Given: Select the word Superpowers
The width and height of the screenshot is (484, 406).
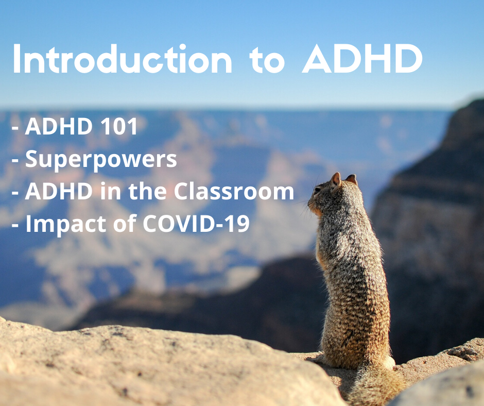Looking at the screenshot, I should [101, 160].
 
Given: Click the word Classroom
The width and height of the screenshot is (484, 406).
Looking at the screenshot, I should [233, 192].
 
